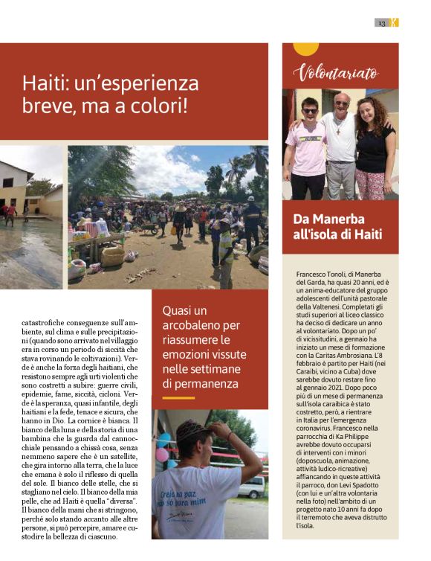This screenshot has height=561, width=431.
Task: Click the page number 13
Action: point(381,23)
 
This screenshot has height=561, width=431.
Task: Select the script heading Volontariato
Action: point(335,73)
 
